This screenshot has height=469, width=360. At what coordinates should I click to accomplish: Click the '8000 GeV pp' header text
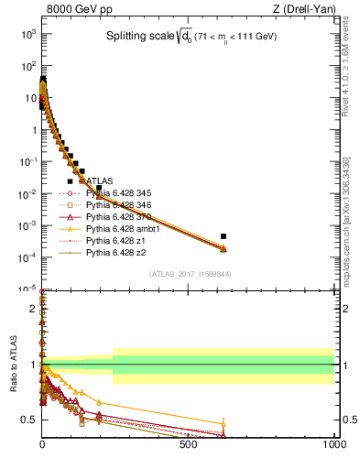[75, 9]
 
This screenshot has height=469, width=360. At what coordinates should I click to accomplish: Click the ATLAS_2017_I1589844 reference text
[190, 274]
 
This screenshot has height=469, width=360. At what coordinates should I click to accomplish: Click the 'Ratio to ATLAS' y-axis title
[14, 365]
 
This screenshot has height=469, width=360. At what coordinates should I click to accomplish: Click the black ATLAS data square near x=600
[224, 236]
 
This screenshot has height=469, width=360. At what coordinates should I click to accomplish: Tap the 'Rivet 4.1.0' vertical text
[352, 60]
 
